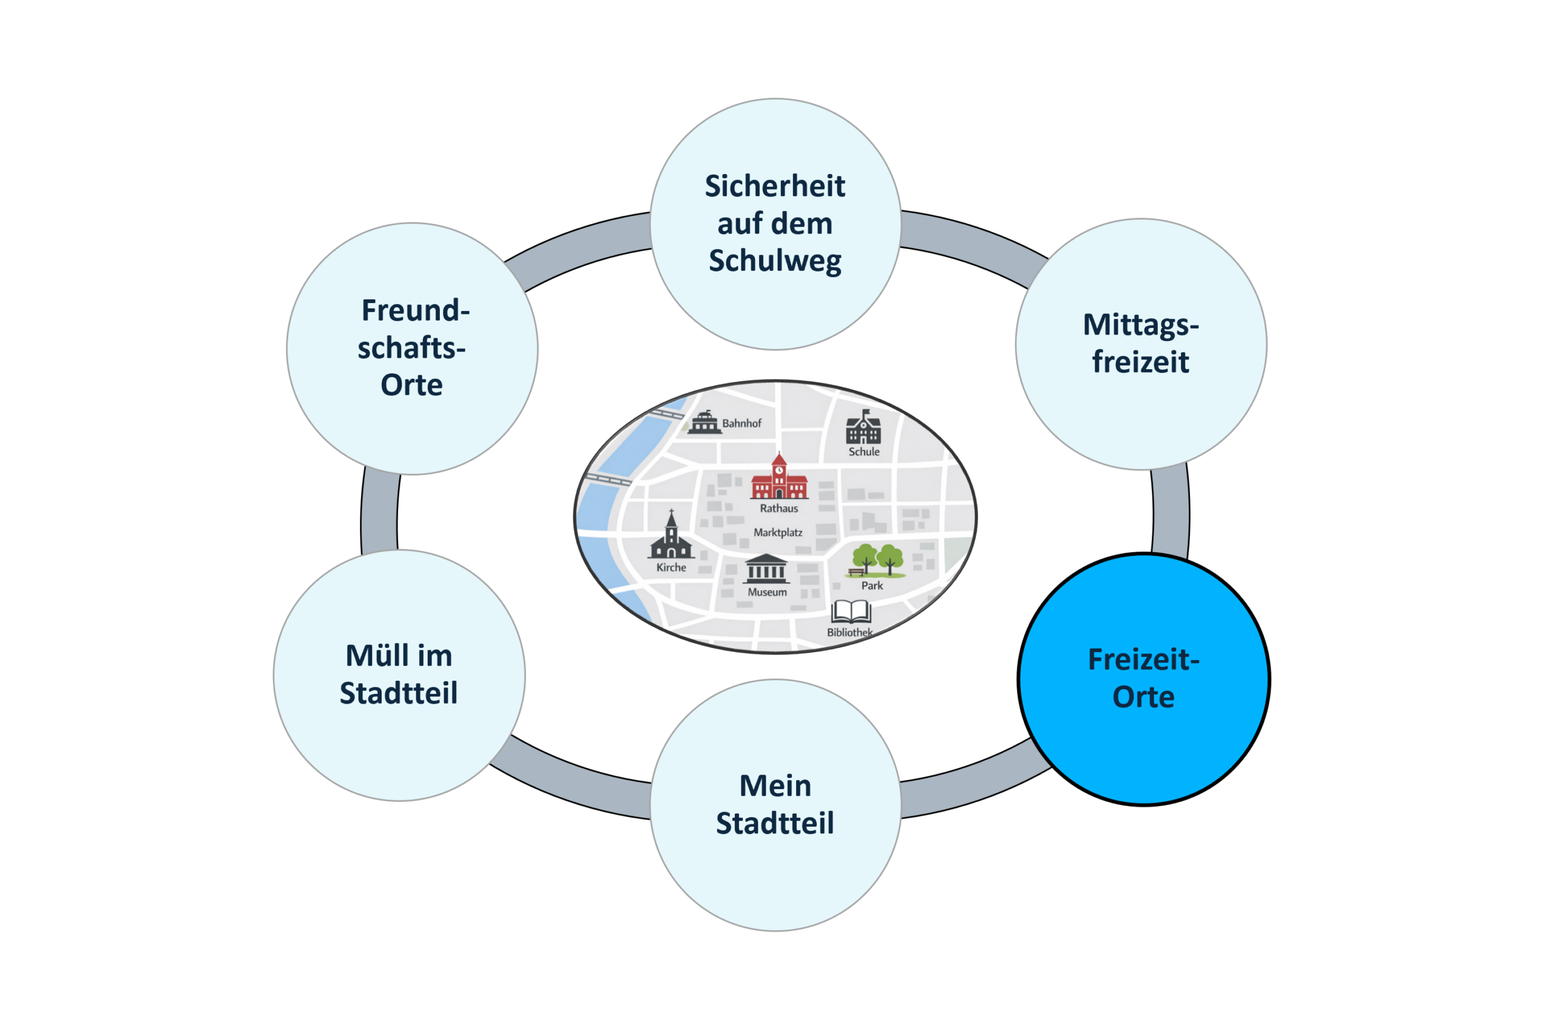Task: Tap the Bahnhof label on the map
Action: click(x=742, y=424)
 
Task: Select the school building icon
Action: click(x=863, y=427)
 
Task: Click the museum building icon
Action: click(x=766, y=569)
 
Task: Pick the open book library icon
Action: click(x=851, y=612)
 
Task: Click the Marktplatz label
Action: click(x=778, y=532)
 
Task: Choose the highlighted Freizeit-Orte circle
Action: click(x=1144, y=679)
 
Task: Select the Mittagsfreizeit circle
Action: click(x=1141, y=344)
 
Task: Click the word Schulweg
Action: click(x=775, y=261)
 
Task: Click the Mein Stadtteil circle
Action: click(x=776, y=805)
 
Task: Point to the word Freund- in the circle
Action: click(x=415, y=310)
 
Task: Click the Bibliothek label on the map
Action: click(x=849, y=632)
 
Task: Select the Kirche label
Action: click(x=671, y=567)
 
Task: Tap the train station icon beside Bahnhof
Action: click(x=704, y=422)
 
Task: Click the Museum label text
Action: click(x=767, y=592)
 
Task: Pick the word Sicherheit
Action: click(x=775, y=186)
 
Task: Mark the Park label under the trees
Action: click(x=872, y=585)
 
